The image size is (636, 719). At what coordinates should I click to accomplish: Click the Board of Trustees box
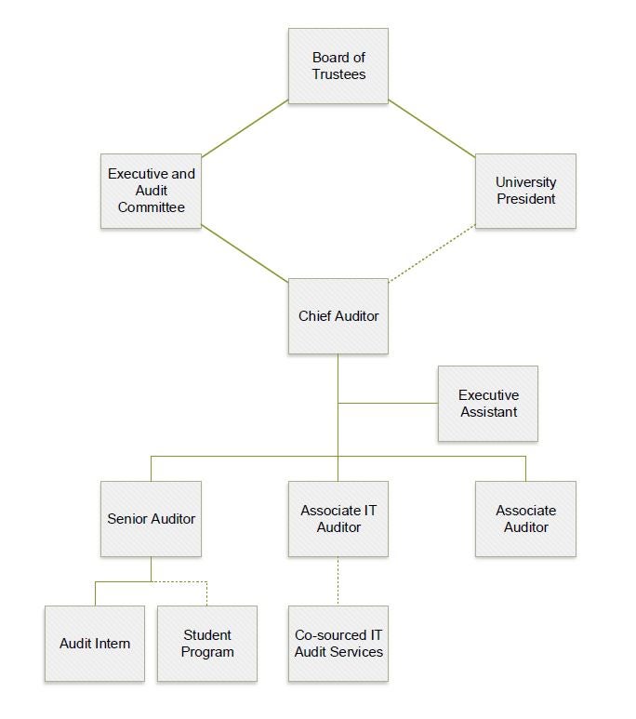click(338, 66)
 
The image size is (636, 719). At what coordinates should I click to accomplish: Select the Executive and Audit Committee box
click(151, 191)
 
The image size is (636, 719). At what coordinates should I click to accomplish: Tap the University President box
click(525, 191)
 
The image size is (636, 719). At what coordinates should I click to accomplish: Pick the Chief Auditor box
click(338, 316)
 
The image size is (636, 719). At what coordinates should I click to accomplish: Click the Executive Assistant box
click(488, 404)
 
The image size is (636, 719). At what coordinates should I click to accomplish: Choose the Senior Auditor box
click(151, 519)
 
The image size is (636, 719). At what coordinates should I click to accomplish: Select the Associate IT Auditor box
click(338, 519)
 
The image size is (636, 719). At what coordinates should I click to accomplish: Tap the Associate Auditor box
click(525, 519)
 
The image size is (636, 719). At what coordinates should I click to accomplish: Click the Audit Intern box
click(95, 644)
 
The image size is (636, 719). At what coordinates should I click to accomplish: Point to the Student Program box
click(207, 644)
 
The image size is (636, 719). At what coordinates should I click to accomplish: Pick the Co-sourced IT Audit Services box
click(338, 644)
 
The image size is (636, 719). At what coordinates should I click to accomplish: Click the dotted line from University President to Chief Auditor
click(432, 254)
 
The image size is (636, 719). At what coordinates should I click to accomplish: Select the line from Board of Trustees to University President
click(432, 129)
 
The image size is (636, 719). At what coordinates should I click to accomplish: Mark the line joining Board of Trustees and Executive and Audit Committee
click(245, 129)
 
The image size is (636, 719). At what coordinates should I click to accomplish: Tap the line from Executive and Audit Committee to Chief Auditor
click(245, 254)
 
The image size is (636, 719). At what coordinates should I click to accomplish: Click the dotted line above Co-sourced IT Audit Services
click(338, 581)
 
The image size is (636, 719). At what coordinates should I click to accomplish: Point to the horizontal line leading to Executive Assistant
click(388, 404)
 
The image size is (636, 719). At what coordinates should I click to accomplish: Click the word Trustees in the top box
click(338, 74)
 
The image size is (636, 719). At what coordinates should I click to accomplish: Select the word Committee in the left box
click(152, 207)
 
